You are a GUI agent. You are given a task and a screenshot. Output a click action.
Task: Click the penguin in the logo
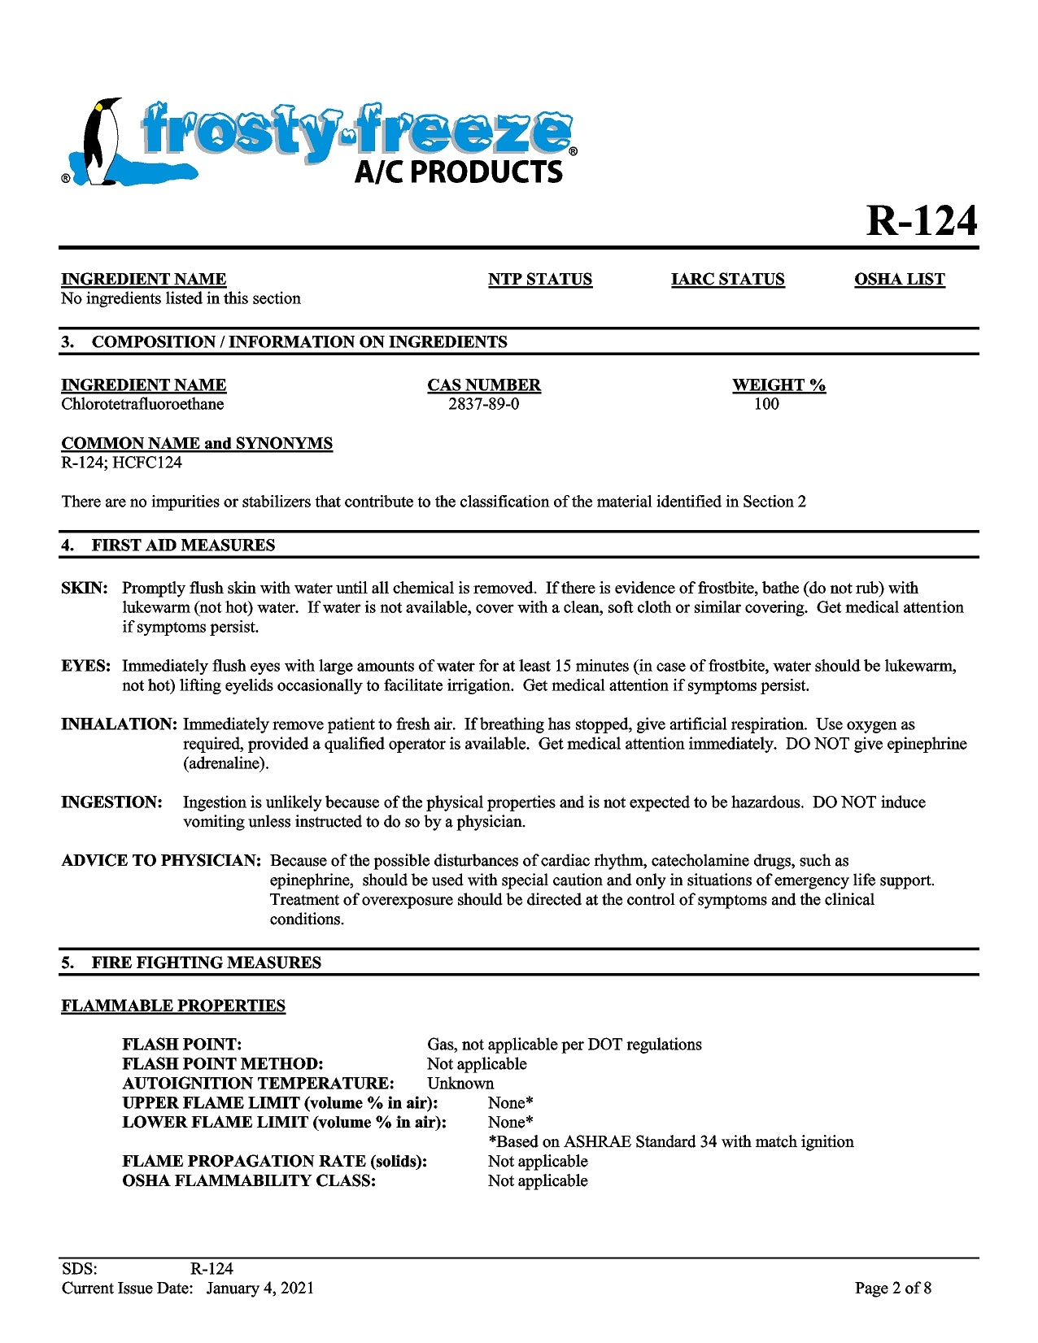(100, 142)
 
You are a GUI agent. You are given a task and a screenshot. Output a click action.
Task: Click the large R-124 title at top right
(921, 220)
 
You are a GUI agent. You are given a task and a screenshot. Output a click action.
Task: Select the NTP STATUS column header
(539, 280)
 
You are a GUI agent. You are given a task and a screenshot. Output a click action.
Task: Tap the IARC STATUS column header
(727, 280)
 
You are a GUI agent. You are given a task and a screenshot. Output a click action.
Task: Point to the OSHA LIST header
(899, 280)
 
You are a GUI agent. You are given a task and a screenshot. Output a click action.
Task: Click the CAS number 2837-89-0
(483, 404)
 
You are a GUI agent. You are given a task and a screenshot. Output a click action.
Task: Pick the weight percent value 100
(765, 404)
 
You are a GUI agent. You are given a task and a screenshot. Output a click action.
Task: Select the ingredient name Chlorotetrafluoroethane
(142, 404)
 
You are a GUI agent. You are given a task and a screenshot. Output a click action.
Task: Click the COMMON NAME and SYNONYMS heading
(197, 444)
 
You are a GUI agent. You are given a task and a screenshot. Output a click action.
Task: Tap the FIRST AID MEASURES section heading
(183, 545)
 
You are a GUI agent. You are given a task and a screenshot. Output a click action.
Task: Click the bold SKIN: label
(84, 589)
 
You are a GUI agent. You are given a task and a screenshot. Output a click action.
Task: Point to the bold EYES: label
(85, 667)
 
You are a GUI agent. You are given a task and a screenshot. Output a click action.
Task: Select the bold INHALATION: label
(119, 725)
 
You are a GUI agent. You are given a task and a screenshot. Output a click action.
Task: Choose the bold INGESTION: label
(111, 803)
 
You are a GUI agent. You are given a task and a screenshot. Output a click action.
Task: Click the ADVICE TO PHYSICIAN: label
(161, 861)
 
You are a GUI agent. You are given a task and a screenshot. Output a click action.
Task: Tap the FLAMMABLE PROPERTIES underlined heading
(173, 1006)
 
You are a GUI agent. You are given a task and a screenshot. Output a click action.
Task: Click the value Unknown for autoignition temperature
(460, 1084)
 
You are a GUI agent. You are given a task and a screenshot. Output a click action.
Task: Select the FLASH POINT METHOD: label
(222, 1064)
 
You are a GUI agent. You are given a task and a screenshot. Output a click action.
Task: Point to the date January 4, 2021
(259, 1289)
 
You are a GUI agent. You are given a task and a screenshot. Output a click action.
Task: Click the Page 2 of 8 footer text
(892, 1289)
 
